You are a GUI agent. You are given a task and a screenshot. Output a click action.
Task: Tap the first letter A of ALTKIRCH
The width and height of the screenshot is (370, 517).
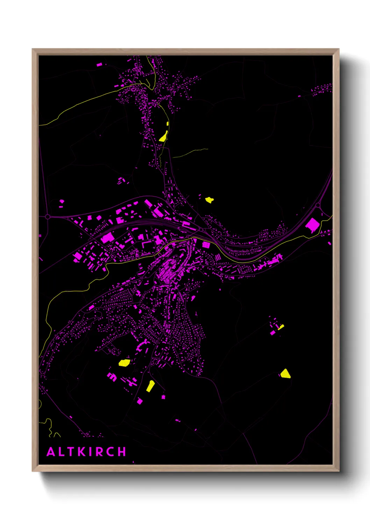click(x=51, y=452)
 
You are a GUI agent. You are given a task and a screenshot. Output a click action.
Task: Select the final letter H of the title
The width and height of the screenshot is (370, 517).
click(x=122, y=452)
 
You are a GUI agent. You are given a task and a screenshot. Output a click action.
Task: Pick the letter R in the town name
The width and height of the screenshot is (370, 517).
click(x=99, y=452)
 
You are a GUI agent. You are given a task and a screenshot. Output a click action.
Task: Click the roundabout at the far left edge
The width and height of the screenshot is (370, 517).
click(x=48, y=217)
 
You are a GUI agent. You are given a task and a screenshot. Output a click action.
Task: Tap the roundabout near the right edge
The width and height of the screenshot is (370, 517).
click(x=318, y=205)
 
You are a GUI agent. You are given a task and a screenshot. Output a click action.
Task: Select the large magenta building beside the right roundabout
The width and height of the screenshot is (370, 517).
click(x=312, y=225)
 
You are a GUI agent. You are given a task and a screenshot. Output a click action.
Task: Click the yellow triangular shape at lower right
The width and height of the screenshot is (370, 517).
click(x=285, y=374)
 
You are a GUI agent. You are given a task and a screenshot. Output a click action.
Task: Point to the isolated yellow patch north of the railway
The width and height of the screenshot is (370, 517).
click(x=209, y=200)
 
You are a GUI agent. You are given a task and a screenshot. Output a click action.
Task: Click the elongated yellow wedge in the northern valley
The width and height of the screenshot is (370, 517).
click(x=163, y=136)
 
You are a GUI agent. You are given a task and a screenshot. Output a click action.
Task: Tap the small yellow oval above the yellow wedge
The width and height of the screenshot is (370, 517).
click(x=168, y=124)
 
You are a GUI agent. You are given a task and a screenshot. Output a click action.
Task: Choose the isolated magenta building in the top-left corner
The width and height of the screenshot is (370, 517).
click(x=99, y=65)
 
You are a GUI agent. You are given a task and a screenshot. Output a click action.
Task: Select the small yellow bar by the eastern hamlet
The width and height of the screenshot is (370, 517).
click(x=281, y=327)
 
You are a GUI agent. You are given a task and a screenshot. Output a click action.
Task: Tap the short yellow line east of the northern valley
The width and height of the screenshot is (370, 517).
click(x=191, y=152)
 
